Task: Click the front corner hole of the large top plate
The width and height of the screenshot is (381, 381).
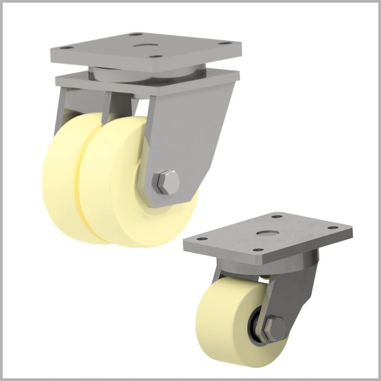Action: [x=157, y=58]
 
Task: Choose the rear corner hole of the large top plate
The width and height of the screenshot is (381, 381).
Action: [x=135, y=34]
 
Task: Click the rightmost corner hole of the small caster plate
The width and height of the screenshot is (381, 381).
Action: [x=333, y=228]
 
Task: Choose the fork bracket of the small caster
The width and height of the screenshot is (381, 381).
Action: [x=293, y=293]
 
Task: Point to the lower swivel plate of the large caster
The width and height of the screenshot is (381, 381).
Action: [x=146, y=84]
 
